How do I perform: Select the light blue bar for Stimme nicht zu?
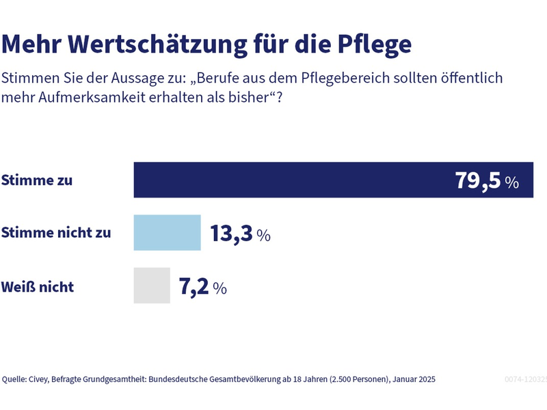point(167,233)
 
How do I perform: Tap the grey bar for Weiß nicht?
point(151,286)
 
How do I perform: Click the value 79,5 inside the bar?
point(478,181)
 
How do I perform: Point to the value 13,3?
point(231,234)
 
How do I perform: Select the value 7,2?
point(194,287)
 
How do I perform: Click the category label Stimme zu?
point(37,181)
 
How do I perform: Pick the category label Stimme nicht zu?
point(56,233)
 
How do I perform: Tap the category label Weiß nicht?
point(38,286)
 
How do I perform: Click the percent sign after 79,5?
point(512,182)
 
